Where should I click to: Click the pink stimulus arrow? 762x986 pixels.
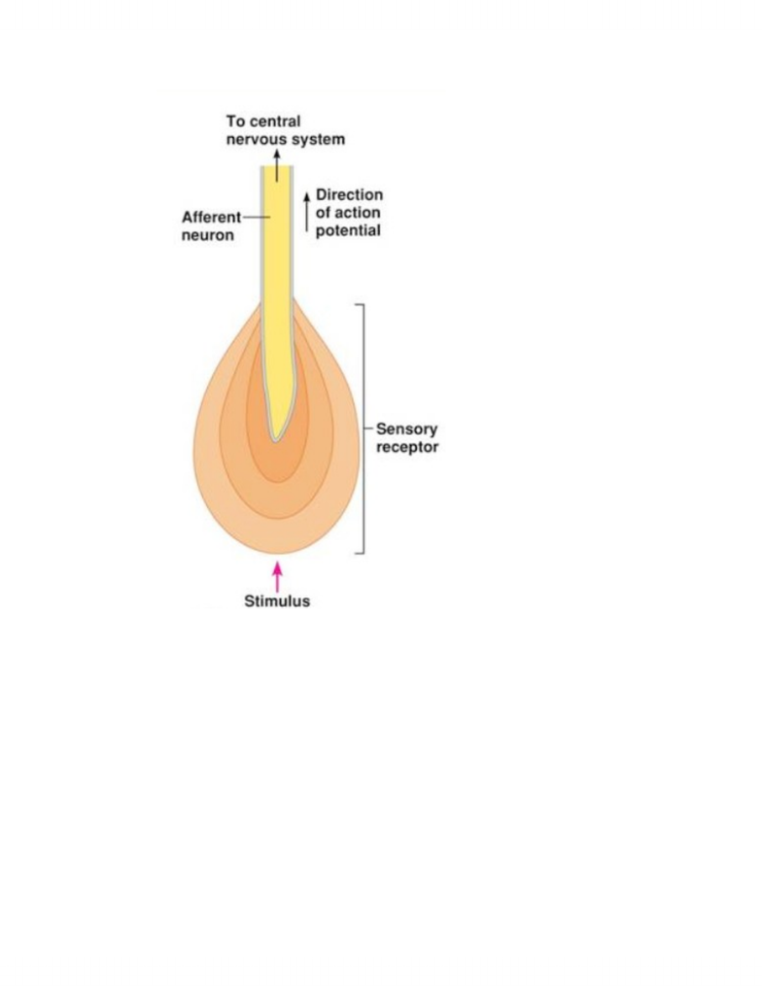click(x=277, y=577)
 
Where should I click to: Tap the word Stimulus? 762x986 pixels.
click(x=277, y=601)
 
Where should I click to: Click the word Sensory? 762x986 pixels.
click(x=406, y=429)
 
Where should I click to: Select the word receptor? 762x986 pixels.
click(x=407, y=447)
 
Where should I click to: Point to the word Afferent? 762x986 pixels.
click(x=212, y=217)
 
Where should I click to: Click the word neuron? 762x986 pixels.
click(x=208, y=235)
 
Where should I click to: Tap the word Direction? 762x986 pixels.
click(x=349, y=194)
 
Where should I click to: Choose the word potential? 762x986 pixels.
click(x=348, y=231)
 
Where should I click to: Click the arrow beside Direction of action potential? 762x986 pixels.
click(x=307, y=212)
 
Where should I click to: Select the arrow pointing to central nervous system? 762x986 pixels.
click(x=277, y=165)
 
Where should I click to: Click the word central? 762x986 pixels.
click(x=275, y=121)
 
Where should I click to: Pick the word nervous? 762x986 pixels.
click(x=256, y=139)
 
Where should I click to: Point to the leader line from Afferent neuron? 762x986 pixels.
click(x=257, y=217)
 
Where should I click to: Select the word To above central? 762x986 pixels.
click(x=235, y=121)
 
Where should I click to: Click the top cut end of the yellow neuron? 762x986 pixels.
click(x=277, y=167)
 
